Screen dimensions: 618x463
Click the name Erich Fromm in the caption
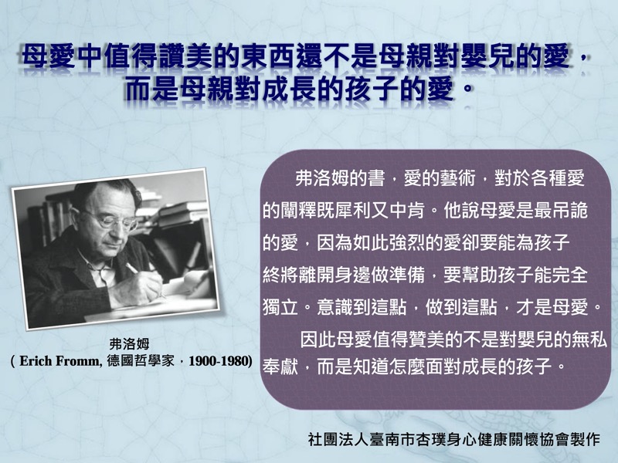coord(59,361)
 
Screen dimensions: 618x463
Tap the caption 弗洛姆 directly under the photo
coord(129,344)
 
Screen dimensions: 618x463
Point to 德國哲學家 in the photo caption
coord(141,361)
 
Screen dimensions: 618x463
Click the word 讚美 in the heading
coord(187,56)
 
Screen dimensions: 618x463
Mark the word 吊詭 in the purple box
coord(569,211)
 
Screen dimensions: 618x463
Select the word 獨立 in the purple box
coord(280,307)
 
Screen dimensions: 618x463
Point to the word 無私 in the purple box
coord(589,340)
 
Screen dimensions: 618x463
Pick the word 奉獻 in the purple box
coord(280,367)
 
